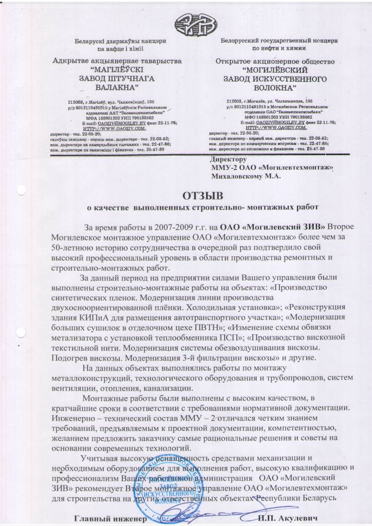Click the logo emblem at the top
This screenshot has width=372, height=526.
click(185, 22)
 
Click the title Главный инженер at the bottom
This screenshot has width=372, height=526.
click(107, 519)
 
